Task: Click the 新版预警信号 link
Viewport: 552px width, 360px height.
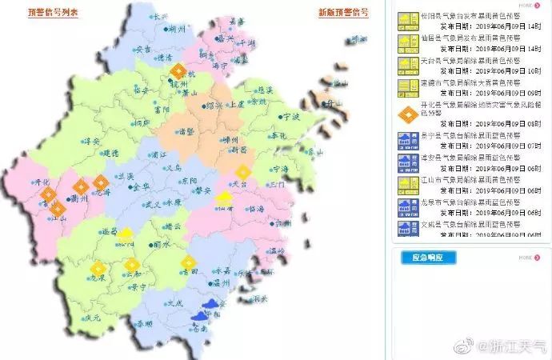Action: [343, 13]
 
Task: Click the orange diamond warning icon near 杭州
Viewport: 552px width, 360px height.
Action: [178, 72]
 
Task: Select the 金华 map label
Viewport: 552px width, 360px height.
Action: [141, 186]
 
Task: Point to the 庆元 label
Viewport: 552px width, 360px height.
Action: [91, 318]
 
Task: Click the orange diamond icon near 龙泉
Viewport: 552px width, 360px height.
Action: [98, 269]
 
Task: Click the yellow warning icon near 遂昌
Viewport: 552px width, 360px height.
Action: [126, 234]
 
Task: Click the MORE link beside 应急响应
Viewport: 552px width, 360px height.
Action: [525, 258]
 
